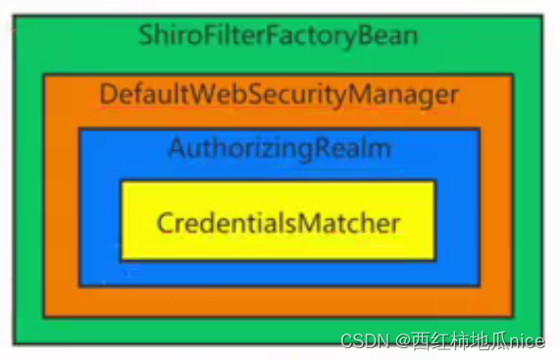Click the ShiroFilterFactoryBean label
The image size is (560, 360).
[x=279, y=37]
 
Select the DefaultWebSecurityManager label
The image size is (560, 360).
[x=279, y=95]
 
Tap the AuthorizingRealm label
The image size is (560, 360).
[x=280, y=148]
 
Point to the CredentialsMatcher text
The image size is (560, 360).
[x=279, y=223]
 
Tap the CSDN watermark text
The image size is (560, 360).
[x=362, y=339]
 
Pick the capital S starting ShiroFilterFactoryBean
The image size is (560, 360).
[x=146, y=37]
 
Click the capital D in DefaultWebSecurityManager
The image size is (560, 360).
[x=107, y=95]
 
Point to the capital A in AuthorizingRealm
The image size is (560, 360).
[x=176, y=148]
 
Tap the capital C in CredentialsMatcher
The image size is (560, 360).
[x=164, y=223]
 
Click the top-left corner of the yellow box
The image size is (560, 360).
[x=122, y=181]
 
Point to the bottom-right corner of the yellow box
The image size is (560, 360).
[x=435, y=259]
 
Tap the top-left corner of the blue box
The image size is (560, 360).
[x=80, y=129]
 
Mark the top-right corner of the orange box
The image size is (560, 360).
[x=512, y=73]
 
